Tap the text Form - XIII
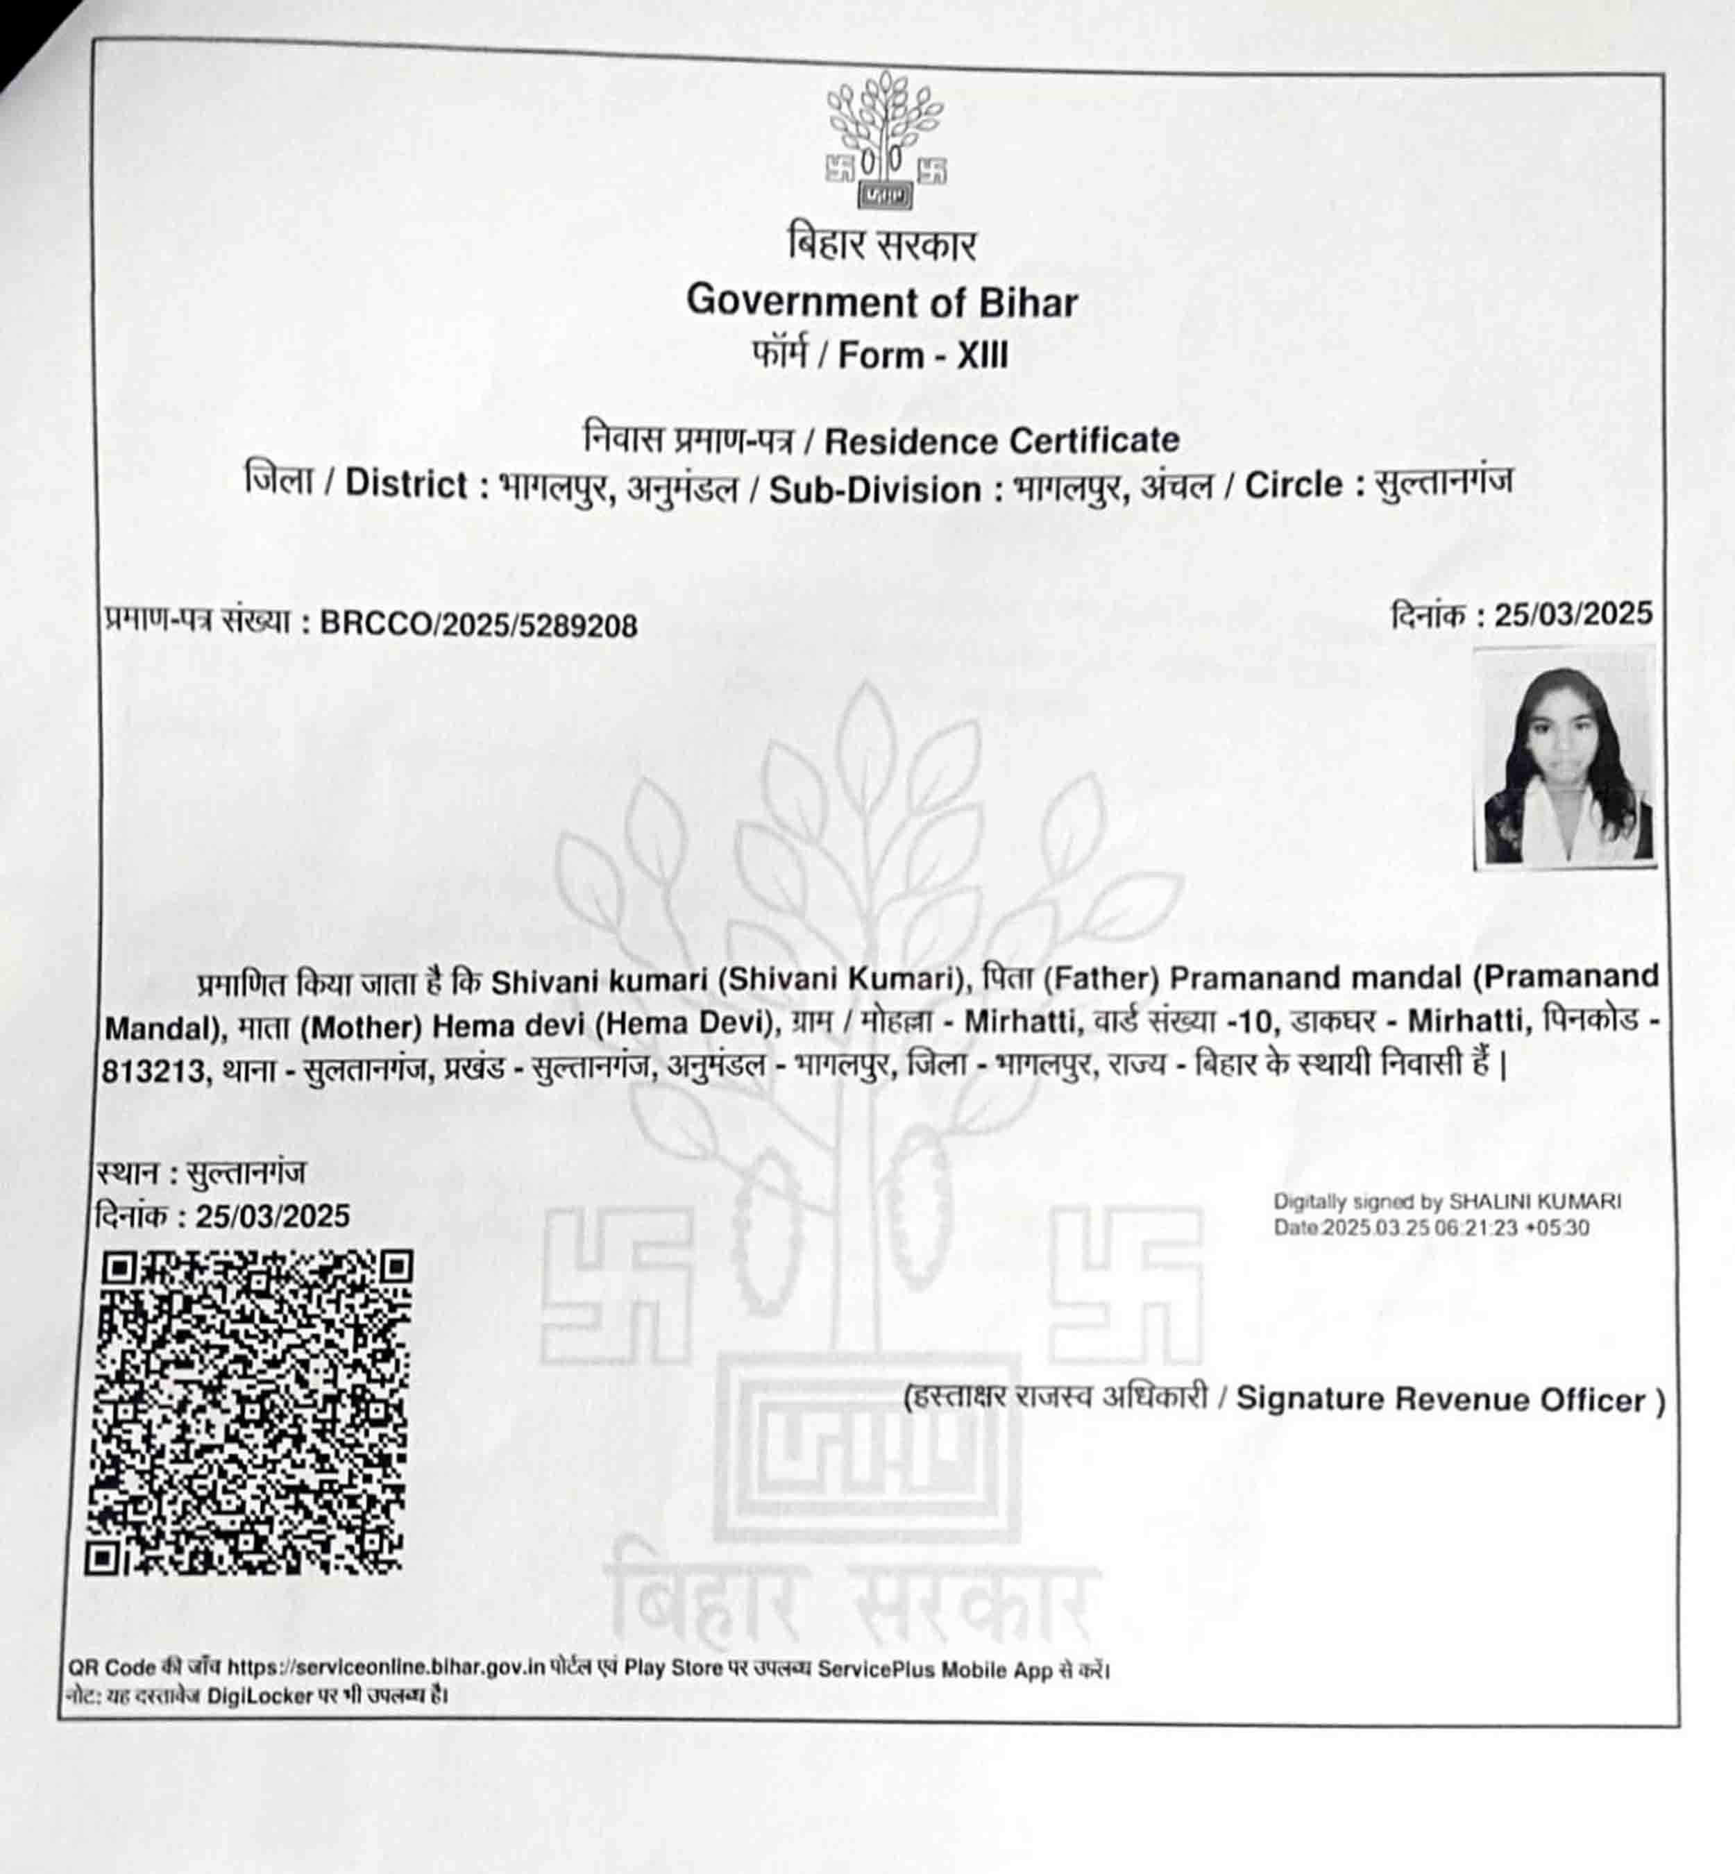click(923, 356)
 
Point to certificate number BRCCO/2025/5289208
click(479, 625)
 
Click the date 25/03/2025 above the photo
click(1573, 615)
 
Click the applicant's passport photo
click(1565, 758)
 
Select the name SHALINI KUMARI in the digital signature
click(1535, 1201)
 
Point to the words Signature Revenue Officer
click(1441, 1400)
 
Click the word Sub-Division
click(875, 490)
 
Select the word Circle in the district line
click(1294, 485)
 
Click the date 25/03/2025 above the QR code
click(272, 1217)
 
